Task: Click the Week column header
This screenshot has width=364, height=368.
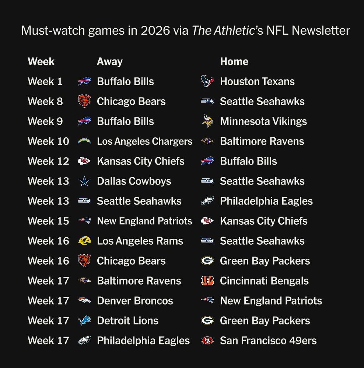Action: (x=41, y=62)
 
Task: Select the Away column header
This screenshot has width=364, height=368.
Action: (x=110, y=62)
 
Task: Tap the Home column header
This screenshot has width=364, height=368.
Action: (x=234, y=62)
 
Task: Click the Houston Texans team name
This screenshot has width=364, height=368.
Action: (x=257, y=82)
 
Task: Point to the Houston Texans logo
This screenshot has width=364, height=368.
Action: (x=207, y=81)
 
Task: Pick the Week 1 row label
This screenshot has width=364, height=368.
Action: (x=45, y=82)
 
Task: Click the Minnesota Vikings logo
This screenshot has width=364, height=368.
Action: (x=207, y=121)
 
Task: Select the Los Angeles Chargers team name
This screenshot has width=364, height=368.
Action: (x=144, y=141)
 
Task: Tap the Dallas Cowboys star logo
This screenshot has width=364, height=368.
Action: (x=84, y=181)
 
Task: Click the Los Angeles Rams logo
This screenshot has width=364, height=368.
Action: (x=84, y=241)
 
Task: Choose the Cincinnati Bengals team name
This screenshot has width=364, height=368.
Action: (x=264, y=281)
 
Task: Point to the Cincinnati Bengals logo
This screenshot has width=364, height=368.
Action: (x=207, y=281)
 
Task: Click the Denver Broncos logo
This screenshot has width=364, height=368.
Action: (x=84, y=300)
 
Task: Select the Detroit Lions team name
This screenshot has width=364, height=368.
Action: (x=127, y=321)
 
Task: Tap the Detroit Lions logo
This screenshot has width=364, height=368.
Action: (x=84, y=320)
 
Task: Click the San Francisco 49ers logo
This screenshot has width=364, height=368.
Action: (x=207, y=340)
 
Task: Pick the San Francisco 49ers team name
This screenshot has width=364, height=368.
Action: (x=268, y=341)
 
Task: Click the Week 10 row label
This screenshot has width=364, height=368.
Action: (x=48, y=141)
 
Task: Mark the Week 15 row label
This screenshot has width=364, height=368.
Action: (x=48, y=221)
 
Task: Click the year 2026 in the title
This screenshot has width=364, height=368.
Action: (x=155, y=31)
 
